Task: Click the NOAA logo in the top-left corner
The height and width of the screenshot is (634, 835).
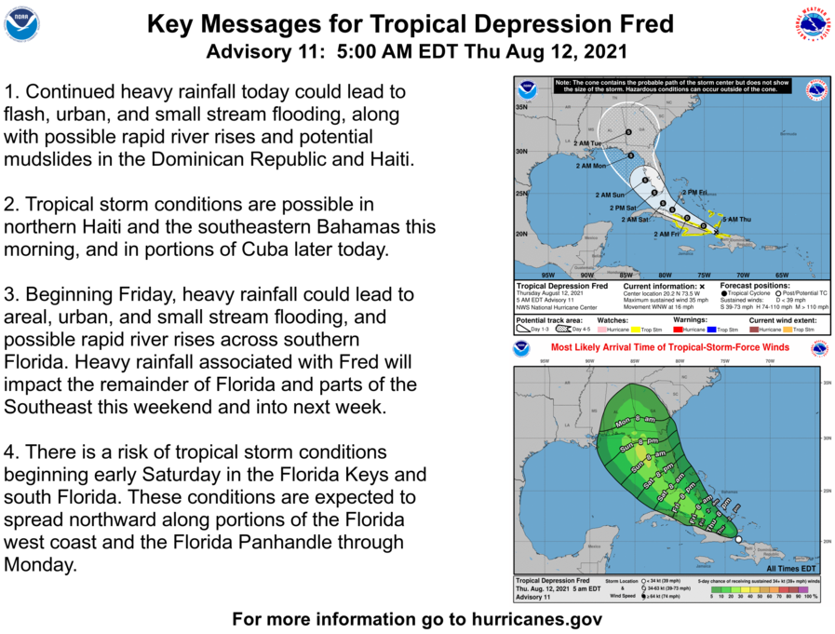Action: (x=21, y=24)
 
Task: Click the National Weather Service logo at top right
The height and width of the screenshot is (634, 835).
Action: (x=812, y=24)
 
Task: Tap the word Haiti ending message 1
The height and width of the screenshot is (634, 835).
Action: (x=389, y=158)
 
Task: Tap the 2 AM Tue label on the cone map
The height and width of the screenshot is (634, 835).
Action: (x=588, y=143)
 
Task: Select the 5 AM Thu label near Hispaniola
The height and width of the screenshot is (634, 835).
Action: (x=735, y=218)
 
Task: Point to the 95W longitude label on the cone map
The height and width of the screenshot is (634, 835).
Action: (x=547, y=275)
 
